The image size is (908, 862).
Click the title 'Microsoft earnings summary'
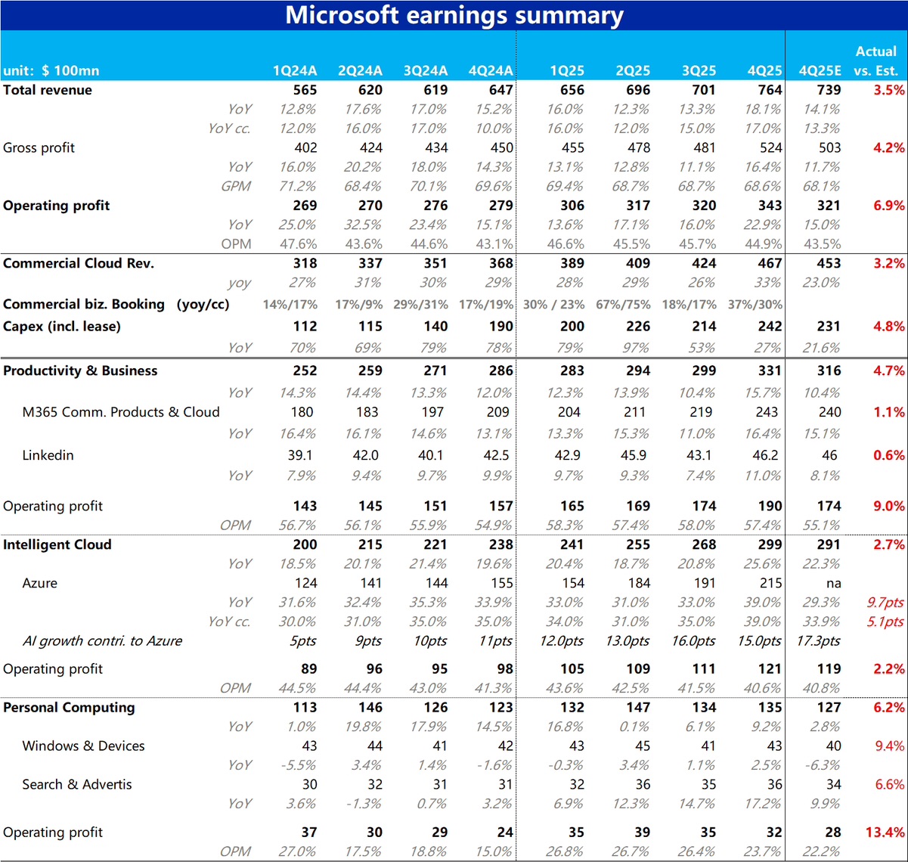[x=454, y=15]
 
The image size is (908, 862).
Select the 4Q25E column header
[x=820, y=70]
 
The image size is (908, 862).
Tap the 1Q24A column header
[x=295, y=70]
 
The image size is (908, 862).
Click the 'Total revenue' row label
[x=47, y=90]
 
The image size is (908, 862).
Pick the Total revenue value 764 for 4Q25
[x=770, y=90]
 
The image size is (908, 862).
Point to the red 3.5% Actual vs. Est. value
[x=888, y=90]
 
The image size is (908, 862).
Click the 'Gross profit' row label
[x=39, y=147]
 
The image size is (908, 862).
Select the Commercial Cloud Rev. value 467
[x=770, y=263]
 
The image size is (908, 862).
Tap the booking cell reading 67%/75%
[x=622, y=305]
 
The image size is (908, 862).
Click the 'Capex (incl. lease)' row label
[x=61, y=327]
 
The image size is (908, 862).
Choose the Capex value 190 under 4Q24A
[x=500, y=327]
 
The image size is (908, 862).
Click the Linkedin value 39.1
[x=299, y=455]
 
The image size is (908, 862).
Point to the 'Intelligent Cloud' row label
[x=57, y=544]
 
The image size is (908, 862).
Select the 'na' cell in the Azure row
[x=833, y=584]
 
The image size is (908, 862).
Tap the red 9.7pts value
[x=885, y=603]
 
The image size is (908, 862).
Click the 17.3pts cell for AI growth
[x=818, y=641]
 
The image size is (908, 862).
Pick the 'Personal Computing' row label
[x=69, y=708]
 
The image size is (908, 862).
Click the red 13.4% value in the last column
[x=885, y=833]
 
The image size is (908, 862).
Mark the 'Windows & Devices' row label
[x=83, y=746]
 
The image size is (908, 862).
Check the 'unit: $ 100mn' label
[x=51, y=70]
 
